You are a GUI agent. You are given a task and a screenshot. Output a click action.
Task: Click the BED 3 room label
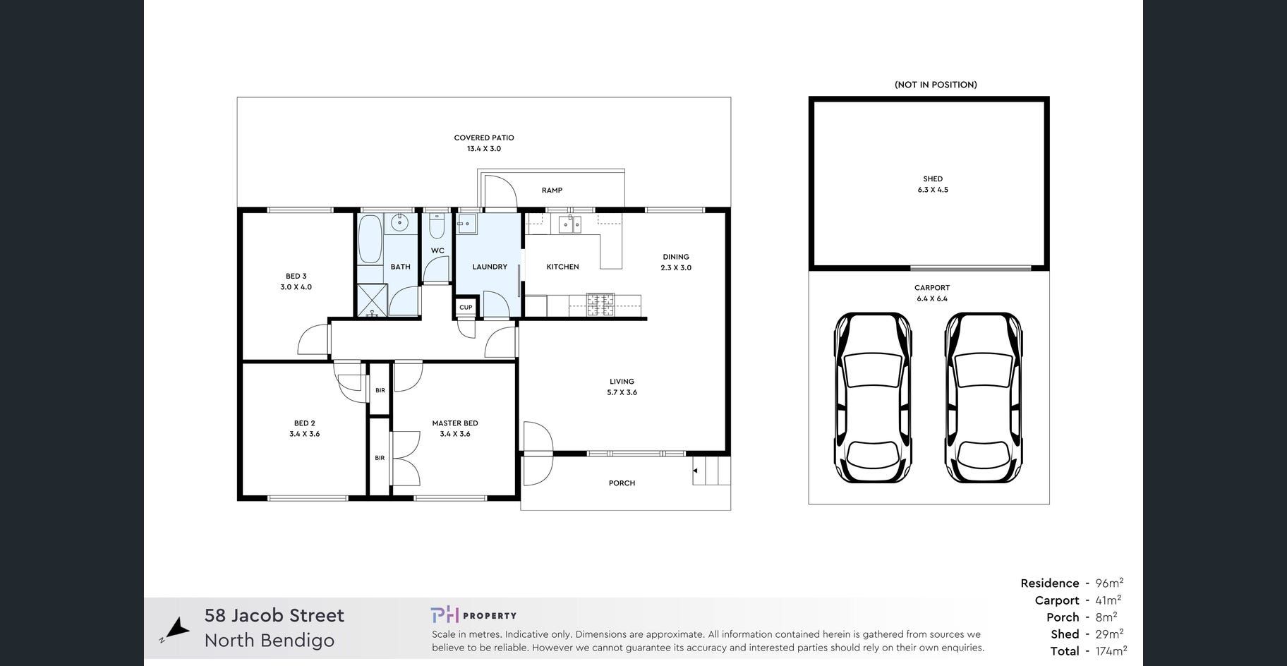(296, 277)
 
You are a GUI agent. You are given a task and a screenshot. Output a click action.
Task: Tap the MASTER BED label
(455, 423)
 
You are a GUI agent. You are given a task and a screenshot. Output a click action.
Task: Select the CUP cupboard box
(466, 308)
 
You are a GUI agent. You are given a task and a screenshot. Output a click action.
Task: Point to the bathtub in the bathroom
(370, 239)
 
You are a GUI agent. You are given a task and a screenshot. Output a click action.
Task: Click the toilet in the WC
(437, 226)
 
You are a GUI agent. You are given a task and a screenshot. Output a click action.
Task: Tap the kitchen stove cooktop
(600, 305)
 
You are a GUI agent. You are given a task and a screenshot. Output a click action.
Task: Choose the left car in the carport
(873, 398)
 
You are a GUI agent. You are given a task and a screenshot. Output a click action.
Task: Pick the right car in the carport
(984, 398)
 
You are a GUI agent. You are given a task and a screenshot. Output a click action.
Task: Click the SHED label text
(933, 179)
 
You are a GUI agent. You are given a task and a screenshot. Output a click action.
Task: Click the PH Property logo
(473, 615)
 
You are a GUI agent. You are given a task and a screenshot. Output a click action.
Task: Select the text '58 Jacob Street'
(274, 615)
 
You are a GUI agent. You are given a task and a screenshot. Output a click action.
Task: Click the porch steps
(711, 471)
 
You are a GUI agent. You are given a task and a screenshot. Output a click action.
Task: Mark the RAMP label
(552, 190)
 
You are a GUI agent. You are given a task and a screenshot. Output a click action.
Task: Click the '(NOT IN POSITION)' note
(936, 85)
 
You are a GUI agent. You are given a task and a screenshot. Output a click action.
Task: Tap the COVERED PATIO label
(484, 138)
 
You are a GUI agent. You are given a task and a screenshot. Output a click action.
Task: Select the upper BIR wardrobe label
(380, 390)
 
